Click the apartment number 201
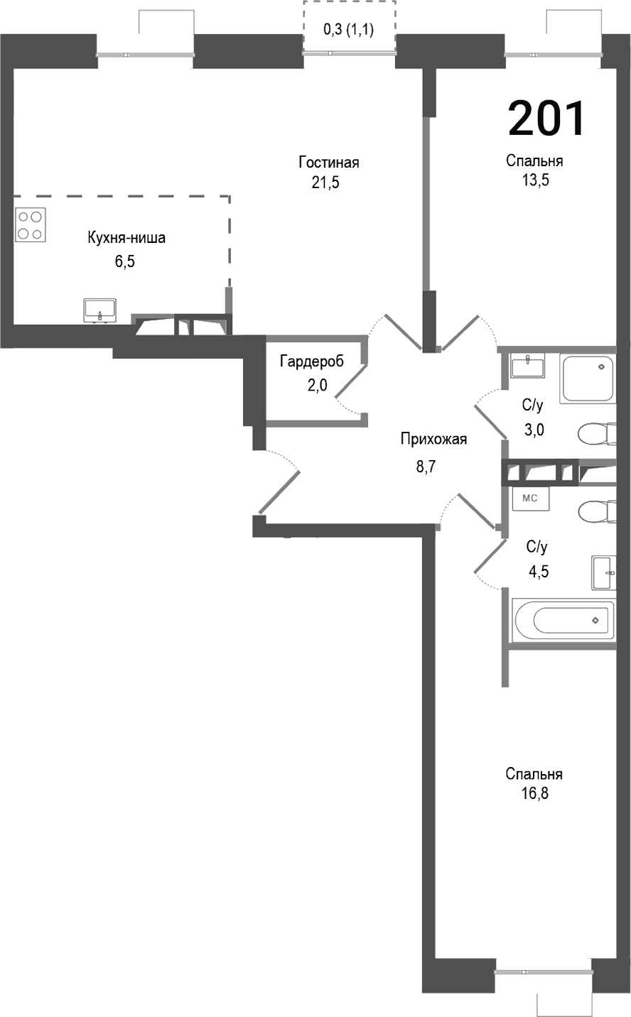click(x=546, y=118)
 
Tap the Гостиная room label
click(x=328, y=163)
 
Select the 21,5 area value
click(x=325, y=183)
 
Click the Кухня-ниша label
click(x=126, y=238)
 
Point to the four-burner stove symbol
click(x=31, y=224)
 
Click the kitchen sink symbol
click(x=99, y=310)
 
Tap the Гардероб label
click(x=311, y=361)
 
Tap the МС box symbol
click(x=529, y=499)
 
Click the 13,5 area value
click(x=534, y=180)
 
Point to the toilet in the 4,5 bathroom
click(x=595, y=511)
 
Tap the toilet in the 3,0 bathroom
click(x=595, y=433)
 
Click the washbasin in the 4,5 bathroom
click(x=603, y=572)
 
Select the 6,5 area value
click(x=125, y=261)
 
